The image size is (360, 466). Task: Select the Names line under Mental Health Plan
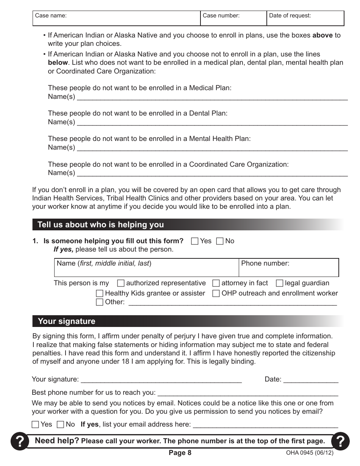point(212,148)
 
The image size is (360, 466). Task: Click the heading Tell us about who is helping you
point(101,225)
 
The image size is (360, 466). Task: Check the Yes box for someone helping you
point(195,241)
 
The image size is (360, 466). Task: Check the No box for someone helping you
point(220,241)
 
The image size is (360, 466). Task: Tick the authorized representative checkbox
point(121,283)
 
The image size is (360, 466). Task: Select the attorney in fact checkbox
point(216,283)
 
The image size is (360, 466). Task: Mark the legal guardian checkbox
point(280,283)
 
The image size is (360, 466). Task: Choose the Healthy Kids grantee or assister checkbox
point(100,294)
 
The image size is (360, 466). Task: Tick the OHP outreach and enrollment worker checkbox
point(216,294)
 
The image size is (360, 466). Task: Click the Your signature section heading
point(67,321)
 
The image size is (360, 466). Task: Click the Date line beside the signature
point(311,380)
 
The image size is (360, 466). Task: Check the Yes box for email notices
point(35,425)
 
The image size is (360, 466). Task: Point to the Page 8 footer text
point(180,453)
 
